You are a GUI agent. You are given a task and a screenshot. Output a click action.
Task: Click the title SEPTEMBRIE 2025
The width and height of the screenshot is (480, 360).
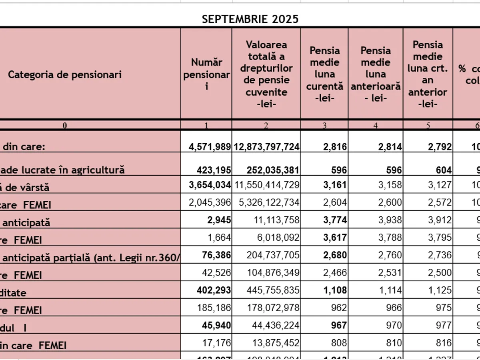click(250, 19)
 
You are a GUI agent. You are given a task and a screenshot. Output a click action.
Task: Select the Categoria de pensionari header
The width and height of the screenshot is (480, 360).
click(65, 74)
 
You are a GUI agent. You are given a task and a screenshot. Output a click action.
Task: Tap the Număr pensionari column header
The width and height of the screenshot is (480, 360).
click(206, 74)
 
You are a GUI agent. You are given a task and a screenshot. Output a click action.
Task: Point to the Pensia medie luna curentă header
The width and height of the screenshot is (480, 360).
click(324, 74)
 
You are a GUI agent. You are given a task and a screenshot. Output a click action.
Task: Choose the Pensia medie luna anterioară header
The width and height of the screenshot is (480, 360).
click(376, 74)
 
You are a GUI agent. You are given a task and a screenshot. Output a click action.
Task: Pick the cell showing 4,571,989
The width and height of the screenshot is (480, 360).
click(210, 147)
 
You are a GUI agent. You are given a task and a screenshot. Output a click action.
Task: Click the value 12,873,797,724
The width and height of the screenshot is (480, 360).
click(266, 147)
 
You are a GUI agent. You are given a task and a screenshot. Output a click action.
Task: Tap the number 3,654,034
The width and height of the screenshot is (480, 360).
click(210, 185)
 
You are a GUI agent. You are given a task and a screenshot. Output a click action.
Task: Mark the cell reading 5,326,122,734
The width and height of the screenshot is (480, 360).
click(266, 203)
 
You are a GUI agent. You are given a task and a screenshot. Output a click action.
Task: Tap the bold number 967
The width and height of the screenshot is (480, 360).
click(339, 325)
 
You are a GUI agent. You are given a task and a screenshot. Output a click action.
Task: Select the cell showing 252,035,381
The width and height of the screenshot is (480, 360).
click(272, 170)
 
